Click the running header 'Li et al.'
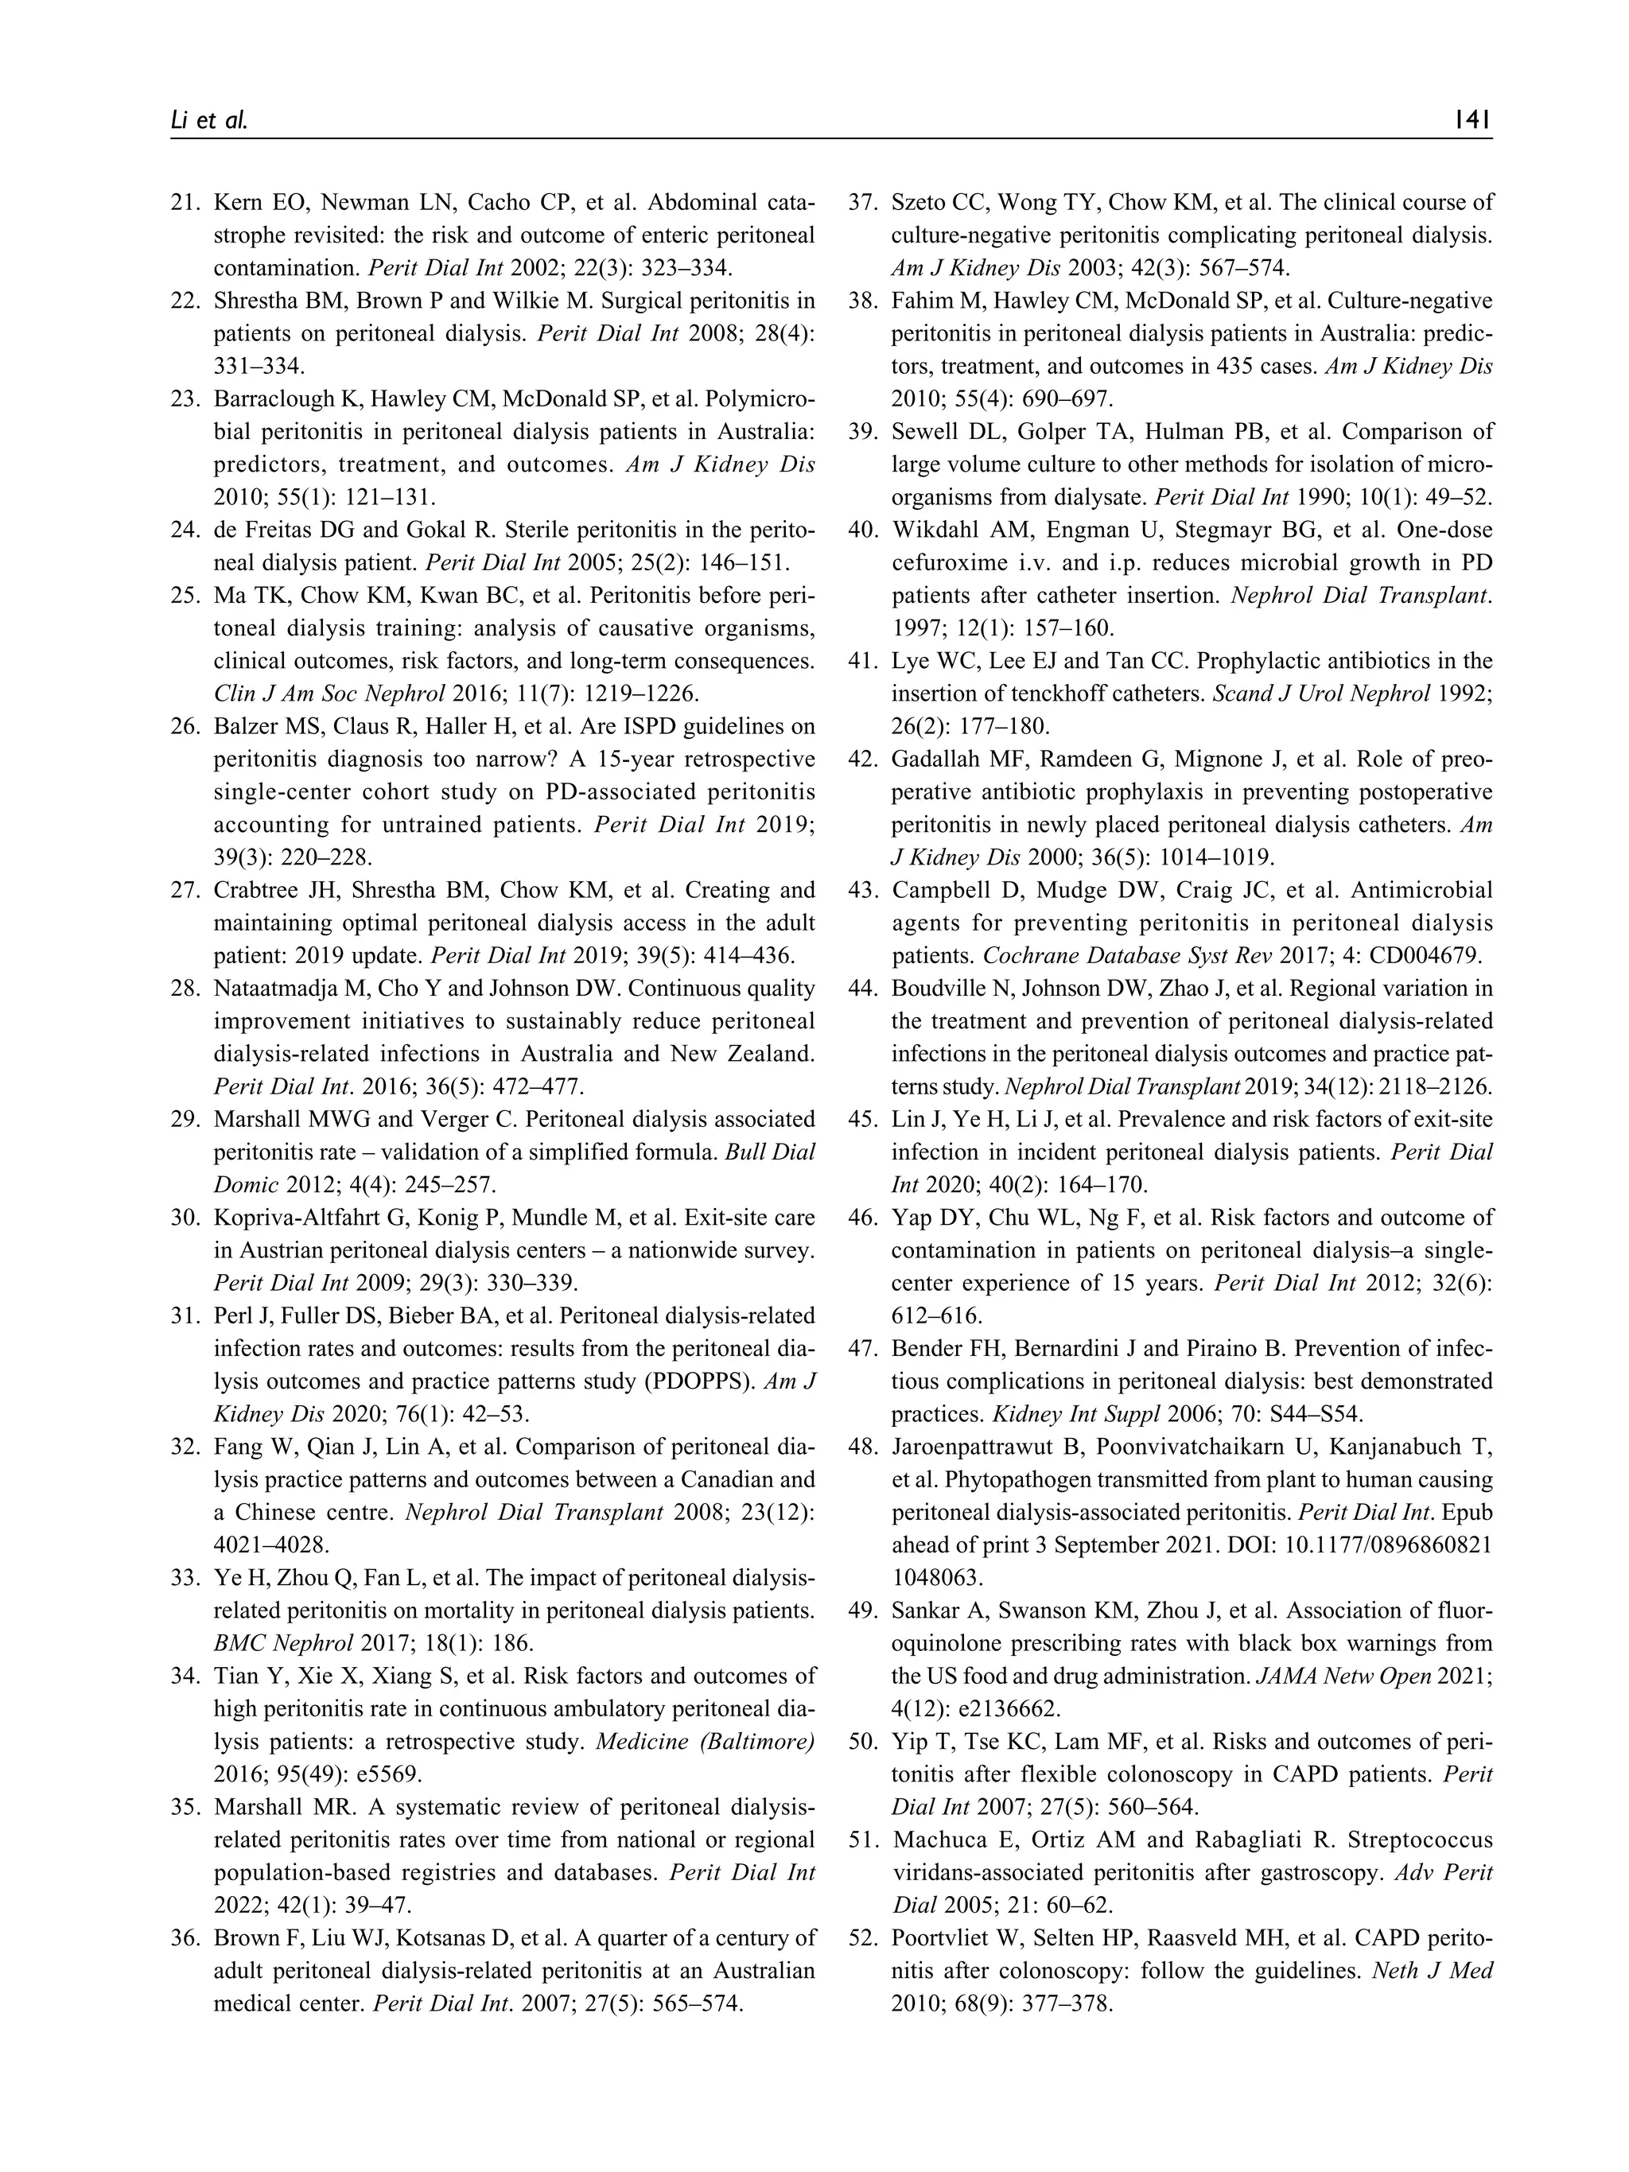tap(209, 121)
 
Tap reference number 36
tap(185, 1937)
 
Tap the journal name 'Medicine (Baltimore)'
tap(705, 1741)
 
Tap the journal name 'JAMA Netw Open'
tap(1343, 1677)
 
